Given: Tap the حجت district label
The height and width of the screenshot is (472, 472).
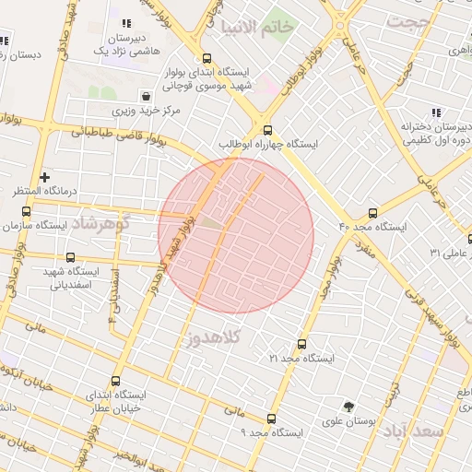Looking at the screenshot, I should pyautogui.click(x=408, y=21).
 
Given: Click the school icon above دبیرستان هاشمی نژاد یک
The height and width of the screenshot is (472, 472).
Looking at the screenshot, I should pyautogui.click(x=126, y=23).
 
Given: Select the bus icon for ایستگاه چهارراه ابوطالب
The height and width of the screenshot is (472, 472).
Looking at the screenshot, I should pyautogui.click(x=267, y=130).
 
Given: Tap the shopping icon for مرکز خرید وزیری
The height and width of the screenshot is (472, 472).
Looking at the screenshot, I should pyautogui.click(x=147, y=95).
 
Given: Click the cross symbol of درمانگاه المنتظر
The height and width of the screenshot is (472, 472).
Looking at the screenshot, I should pyautogui.click(x=44, y=176).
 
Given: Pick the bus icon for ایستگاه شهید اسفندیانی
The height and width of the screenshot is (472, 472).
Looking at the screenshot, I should pyautogui.click(x=71, y=257).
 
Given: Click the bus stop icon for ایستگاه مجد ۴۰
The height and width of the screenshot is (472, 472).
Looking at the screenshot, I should pyautogui.click(x=372, y=212).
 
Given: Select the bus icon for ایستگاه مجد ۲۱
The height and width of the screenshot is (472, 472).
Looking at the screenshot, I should pyautogui.click(x=302, y=343).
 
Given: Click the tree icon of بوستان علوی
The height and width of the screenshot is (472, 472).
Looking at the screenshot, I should pyautogui.click(x=348, y=407).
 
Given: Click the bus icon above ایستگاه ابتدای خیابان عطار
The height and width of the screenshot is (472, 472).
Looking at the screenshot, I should pyautogui.click(x=115, y=381).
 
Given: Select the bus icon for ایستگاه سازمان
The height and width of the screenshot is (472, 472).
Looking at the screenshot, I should pyautogui.click(x=25, y=211).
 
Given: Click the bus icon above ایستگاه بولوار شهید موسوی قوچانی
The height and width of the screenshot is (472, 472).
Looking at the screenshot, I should pyautogui.click(x=206, y=58).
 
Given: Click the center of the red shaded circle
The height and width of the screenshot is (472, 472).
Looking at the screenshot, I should pyautogui.click(x=236, y=235).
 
